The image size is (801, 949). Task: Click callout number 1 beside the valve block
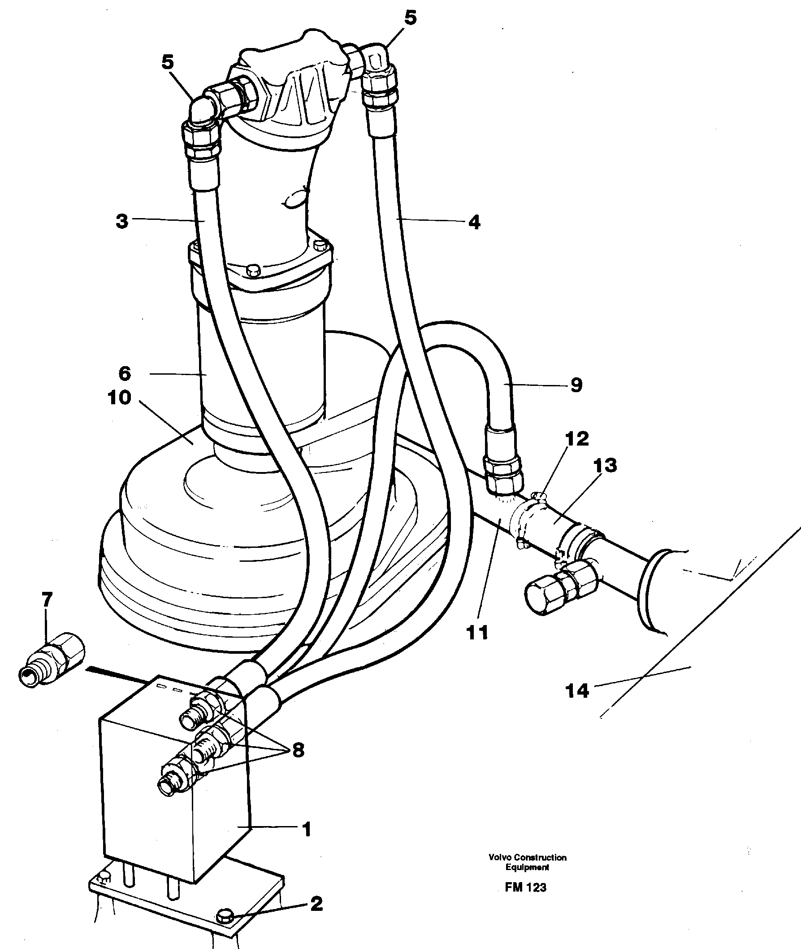(307, 830)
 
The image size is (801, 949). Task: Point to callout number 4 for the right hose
(474, 222)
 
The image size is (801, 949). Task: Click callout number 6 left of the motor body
(125, 374)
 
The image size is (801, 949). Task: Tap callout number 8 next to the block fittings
(298, 750)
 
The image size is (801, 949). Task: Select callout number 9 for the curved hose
(576, 385)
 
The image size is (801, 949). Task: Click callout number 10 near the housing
(119, 398)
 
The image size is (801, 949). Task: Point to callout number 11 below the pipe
(477, 632)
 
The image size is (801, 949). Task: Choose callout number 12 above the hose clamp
(577, 438)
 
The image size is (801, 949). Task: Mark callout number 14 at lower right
(577, 691)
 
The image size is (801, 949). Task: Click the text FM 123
(525, 887)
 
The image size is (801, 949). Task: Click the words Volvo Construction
(527, 857)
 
